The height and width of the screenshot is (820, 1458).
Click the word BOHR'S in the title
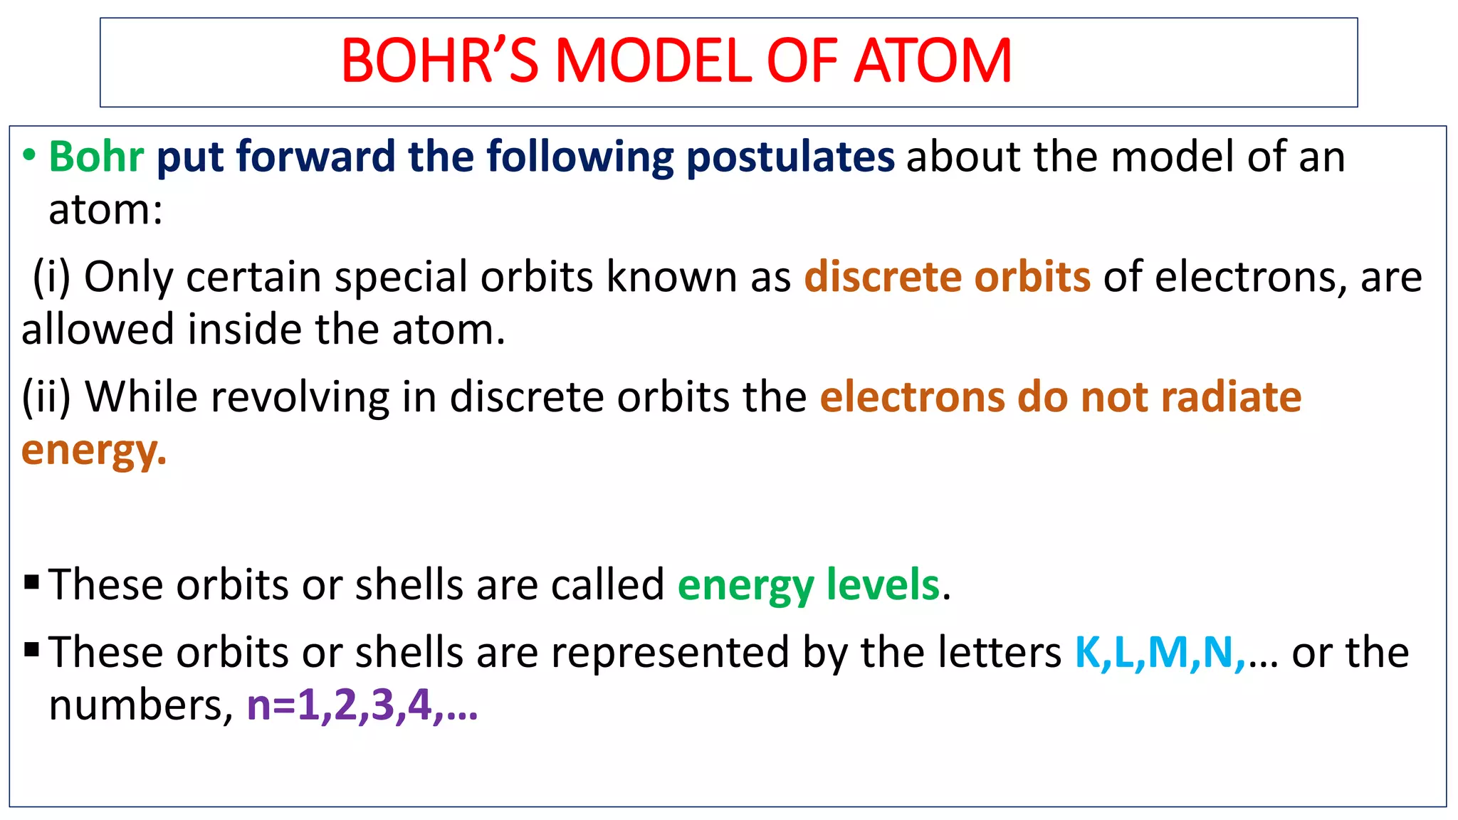tap(439, 61)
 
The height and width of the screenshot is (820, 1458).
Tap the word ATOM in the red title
tap(933, 61)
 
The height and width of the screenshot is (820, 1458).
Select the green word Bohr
tap(96, 157)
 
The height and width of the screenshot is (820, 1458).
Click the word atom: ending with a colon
tap(105, 211)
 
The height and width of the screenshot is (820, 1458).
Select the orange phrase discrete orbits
tap(947, 277)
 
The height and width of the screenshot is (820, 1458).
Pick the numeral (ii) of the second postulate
tap(46, 397)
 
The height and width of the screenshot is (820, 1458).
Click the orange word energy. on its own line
tap(94, 451)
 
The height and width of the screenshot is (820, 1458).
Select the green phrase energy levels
tap(809, 586)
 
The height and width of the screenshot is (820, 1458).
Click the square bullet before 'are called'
tap(31, 583)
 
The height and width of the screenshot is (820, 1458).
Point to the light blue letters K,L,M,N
tap(1159, 653)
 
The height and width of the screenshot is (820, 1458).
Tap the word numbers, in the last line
tap(140, 705)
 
